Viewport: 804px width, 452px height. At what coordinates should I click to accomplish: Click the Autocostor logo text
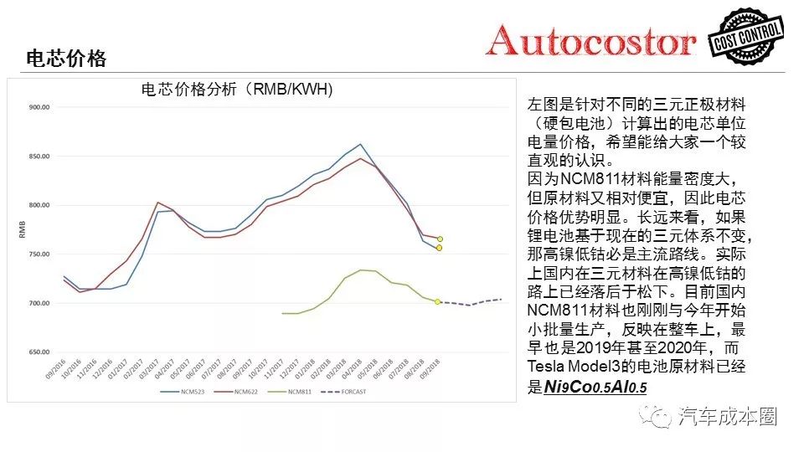[591, 40]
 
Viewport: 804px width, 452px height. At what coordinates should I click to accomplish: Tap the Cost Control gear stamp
[747, 39]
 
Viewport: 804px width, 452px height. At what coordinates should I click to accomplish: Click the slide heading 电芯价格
[66, 59]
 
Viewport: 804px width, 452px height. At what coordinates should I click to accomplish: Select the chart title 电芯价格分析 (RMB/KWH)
[237, 90]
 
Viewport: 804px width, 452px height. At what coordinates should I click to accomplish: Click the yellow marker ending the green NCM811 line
[437, 302]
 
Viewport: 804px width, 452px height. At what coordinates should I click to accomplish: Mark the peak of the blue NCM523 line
[360, 144]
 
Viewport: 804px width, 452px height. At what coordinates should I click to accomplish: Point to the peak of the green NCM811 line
[360, 270]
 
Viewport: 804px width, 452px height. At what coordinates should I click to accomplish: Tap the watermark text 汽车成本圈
[727, 416]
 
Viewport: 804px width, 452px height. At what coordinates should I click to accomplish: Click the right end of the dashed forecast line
[501, 299]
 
